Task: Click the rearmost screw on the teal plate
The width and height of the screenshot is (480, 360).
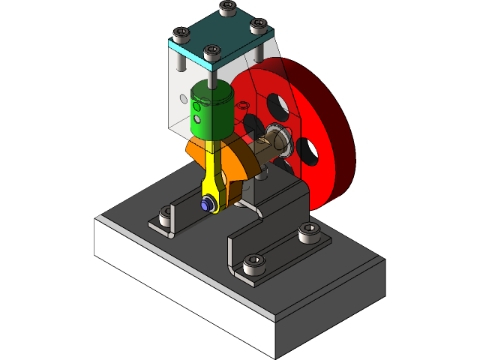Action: point(226,7)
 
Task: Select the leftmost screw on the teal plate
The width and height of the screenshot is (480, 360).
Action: point(180,34)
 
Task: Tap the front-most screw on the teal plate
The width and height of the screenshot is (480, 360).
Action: point(211,52)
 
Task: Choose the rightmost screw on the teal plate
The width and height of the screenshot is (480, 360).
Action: point(257,25)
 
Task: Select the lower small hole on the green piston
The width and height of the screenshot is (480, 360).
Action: point(197,118)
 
